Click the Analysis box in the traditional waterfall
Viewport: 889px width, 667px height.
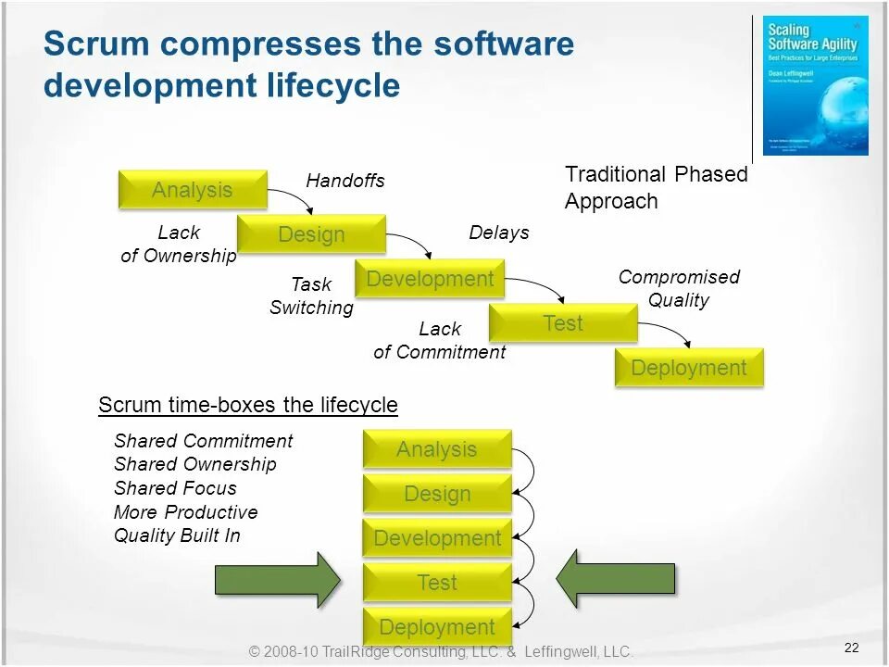193,190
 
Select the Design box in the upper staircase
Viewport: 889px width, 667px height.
311,234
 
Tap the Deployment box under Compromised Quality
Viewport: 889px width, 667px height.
689,368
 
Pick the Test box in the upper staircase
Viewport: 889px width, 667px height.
563,323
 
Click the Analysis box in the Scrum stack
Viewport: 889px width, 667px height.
437,449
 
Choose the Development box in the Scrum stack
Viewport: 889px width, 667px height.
437,538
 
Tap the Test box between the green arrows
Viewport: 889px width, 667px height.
437,583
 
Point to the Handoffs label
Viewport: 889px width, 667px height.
345,181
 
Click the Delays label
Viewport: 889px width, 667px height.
499,233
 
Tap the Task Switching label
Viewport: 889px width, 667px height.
311,296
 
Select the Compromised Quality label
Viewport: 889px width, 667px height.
679,288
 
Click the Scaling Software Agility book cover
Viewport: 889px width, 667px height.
815,85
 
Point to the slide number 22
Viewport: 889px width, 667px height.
852,648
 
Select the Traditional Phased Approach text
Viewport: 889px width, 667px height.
656,187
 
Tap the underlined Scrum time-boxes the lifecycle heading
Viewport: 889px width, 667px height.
248,405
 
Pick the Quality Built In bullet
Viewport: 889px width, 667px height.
177,535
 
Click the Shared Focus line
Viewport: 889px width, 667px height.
175,488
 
